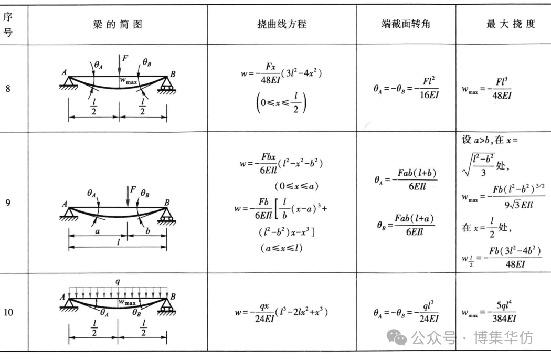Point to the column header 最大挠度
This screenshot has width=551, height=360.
pos(503,24)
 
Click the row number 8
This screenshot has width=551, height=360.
pos(8,88)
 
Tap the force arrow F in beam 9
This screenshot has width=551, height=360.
pos(128,196)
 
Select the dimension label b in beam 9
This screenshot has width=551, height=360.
pos(146,231)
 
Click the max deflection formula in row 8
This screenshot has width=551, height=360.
pos(488,89)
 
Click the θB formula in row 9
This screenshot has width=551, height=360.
pos(405,225)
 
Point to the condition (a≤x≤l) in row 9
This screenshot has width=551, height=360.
pos(281,248)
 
